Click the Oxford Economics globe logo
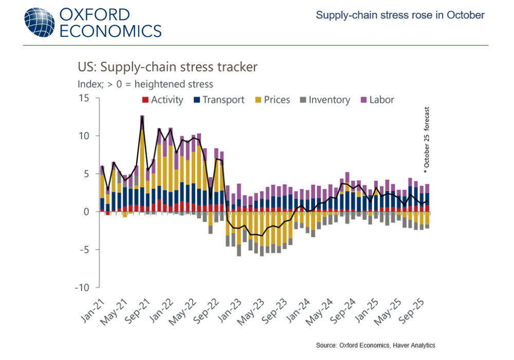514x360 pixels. click(x=39, y=22)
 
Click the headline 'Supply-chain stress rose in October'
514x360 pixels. click(x=400, y=15)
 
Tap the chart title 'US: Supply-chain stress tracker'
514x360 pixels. click(x=168, y=67)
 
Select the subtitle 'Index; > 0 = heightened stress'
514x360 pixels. click(x=145, y=84)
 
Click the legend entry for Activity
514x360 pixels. click(x=162, y=100)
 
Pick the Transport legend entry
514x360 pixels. click(x=218, y=100)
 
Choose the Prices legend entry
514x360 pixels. click(x=272, y=100)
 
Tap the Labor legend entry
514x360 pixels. click(x=376, y=100)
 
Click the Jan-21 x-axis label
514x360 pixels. click(x=92, y=311)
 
